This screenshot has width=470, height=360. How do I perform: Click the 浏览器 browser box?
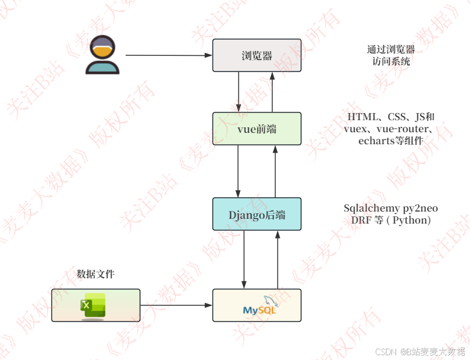coord(257,55)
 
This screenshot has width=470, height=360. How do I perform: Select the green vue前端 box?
coord(257,128)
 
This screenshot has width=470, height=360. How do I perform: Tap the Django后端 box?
coord(257,214)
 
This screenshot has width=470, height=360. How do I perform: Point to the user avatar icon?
coord(102,55)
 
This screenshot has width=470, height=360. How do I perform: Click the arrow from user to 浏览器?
coord(168,55)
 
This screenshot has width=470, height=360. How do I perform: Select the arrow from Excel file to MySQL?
coord(176,305)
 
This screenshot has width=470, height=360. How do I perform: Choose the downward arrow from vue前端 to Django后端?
coord(239,171)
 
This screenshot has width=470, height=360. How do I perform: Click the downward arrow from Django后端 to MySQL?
coord(244,259)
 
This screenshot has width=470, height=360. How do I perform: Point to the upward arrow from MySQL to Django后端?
coord(278,259)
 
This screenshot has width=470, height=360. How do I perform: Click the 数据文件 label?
coord(96,274)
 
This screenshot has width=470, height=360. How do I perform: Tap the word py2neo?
coord(420,209)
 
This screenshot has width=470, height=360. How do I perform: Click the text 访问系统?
coord(391,61)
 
